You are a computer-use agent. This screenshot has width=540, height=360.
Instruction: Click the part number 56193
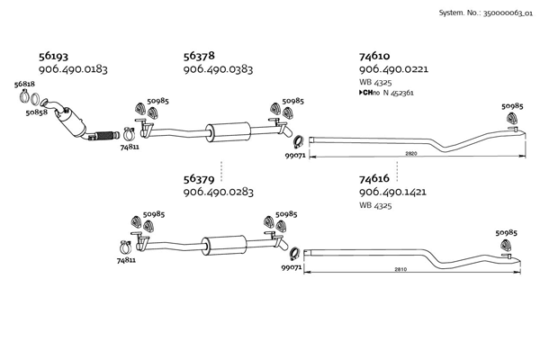(x=53, y=56)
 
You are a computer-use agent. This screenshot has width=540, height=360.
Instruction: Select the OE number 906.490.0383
(x=218, y=69)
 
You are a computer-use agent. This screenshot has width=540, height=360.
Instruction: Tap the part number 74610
(x=374, y=56)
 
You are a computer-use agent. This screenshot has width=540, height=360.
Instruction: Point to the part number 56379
(x=199, y=179)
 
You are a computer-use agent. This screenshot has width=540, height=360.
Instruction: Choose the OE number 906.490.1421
(x=392, y=192)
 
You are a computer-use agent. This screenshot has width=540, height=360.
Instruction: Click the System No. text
(x=486, y=13)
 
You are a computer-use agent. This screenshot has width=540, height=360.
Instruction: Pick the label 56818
(x=24, y=85)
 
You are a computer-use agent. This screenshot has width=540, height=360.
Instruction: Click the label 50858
(x=37, y=112)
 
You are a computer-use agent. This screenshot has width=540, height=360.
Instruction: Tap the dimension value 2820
(x=411, y=153)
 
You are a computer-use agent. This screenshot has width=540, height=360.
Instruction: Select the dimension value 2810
(x=400, y=269)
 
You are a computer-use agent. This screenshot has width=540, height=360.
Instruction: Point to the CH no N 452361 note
(x=386, y=93)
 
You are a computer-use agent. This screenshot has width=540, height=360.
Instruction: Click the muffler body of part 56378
(x=228, y=131)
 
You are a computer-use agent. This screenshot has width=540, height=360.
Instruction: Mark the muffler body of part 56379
(x=224, y=246)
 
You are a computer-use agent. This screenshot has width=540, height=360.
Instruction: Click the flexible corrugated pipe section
(x=103, y=136)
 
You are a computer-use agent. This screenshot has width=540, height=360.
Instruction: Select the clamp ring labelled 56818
(x=24, y=95)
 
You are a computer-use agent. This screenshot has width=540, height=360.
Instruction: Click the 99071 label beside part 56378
(x=295, y=156)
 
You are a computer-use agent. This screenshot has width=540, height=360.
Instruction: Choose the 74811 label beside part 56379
(x=126, y=260)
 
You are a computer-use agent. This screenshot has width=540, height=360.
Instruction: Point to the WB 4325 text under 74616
(x=375, y=206)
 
